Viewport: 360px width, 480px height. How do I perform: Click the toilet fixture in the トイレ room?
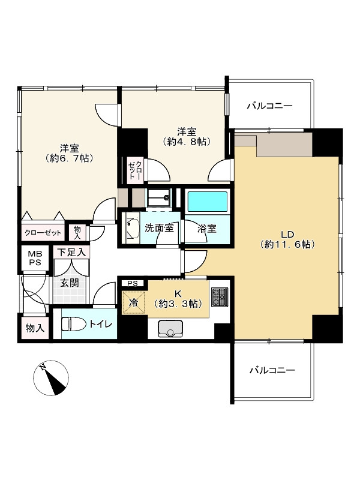coord(73,324)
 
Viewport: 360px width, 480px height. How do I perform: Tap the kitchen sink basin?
coord(170,328)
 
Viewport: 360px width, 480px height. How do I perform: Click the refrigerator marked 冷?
coord(134,302)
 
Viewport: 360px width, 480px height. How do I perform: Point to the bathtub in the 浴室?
coord(206,202)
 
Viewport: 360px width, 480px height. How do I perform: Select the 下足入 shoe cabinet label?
coord(71,253)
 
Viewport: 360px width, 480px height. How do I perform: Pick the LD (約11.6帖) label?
coord(287,238)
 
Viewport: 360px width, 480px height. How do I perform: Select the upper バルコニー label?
coord(270,106)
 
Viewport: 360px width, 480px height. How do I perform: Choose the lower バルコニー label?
coord(272,370)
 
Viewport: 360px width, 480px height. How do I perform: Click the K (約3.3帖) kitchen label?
coord(179,298)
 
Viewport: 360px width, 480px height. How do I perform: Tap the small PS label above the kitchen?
coord(133,283)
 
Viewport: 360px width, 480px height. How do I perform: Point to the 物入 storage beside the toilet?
coord(33,329)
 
